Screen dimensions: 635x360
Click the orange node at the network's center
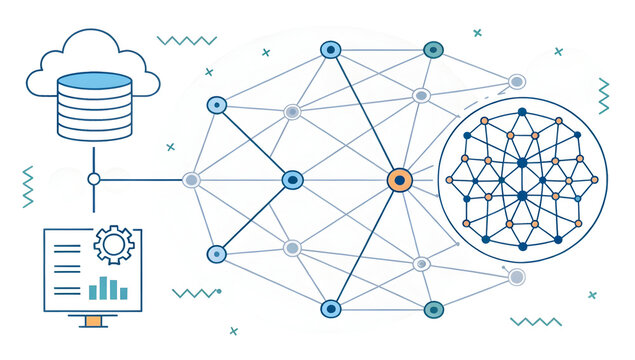(399, 180)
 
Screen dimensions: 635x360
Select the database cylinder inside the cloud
(94, 104)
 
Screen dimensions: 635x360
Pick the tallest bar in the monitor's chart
(112, 287)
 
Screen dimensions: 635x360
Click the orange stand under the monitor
(93, 321)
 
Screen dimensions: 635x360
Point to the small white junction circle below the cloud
(94, 180)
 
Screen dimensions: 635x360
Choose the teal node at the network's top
(433, 49)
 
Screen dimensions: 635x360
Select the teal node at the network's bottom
(433, 309)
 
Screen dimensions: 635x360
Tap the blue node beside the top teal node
(331, 49)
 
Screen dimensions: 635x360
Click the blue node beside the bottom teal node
(331, 309)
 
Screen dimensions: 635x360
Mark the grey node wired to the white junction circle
(191, 180)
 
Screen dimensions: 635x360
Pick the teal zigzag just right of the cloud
(187, 41)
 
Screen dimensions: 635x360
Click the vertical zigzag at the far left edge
(28, 186)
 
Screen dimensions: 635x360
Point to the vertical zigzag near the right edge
(604, 96)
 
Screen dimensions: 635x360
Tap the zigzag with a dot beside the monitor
(195, 293)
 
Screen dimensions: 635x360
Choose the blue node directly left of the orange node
(292, 180)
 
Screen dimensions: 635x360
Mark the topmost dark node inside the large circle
(521, 112)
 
